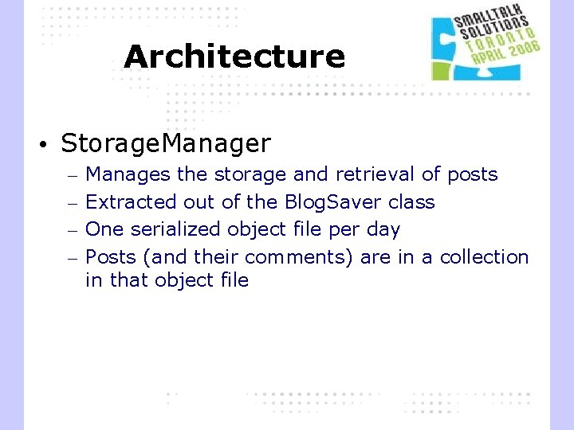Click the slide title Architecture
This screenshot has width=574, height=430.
click(234, 57)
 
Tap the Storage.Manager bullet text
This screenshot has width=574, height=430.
click(166, 143)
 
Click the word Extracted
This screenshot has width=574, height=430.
click(132, 202)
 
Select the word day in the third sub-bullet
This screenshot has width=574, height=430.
click(383, 230)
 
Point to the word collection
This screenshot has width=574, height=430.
click(484, 257)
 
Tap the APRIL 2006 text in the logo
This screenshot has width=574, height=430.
click(505, 53)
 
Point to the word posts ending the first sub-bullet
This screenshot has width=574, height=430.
click(472, 174)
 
